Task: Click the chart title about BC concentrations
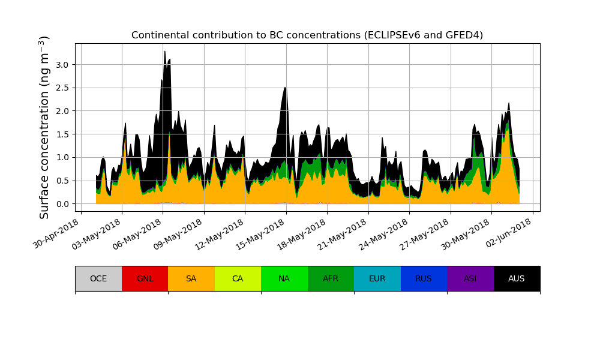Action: click(307, 35)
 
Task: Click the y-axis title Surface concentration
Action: click(44, 127)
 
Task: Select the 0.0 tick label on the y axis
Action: click(62, 204)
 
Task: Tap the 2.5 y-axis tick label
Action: click(62, 88)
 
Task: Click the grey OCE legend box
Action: click(98, 278)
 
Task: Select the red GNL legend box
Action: click(145, 278)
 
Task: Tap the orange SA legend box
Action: click(191, 278)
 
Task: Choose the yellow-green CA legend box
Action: click(238, 278)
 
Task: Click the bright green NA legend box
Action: click(284, 278)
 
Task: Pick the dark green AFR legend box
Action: click(331, 278)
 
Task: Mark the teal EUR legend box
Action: click(377, 278)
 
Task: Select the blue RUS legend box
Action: click(424, 278)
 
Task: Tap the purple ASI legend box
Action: click(470, 278)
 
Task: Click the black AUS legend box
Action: click(517, 278)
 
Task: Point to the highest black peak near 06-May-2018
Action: click(164, 52)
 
